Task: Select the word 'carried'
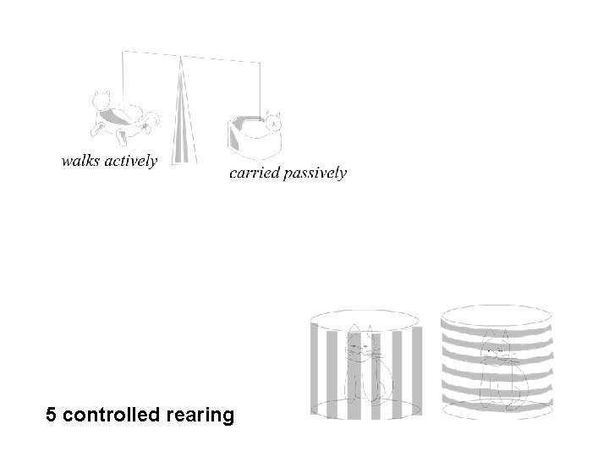(x=253, y=173)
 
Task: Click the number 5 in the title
(x=52, y=416)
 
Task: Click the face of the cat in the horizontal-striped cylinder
(x=497, y=351)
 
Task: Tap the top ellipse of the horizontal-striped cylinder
(x=496, y=311)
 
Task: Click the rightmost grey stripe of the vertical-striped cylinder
(x=416, y=364)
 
